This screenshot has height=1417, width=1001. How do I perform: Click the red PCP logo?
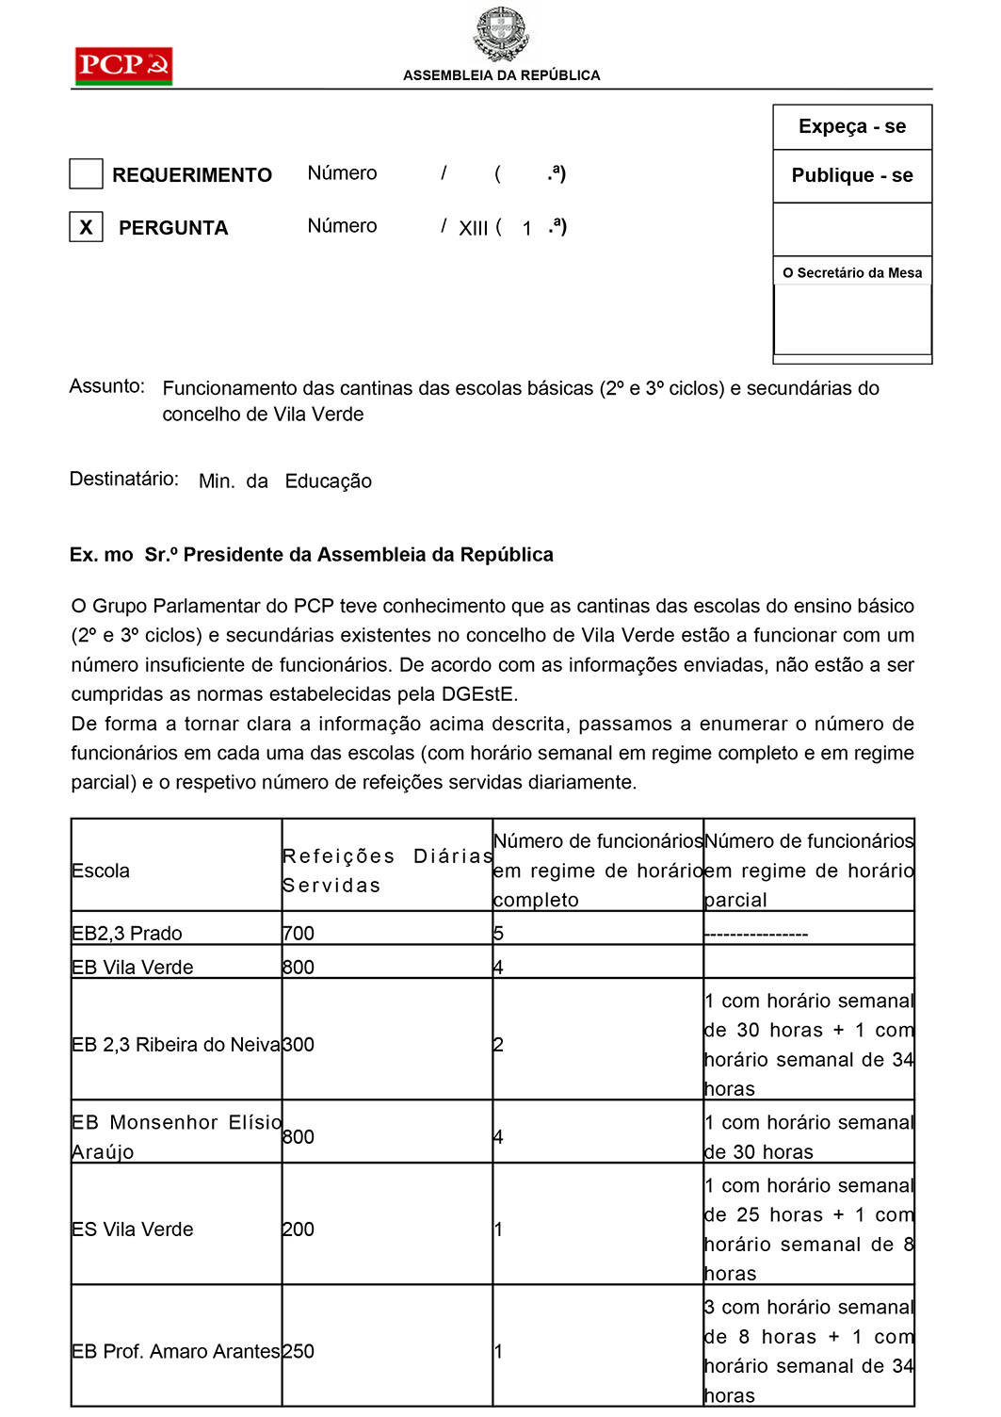[x=123, y=65]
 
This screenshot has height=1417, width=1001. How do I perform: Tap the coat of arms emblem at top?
[x=501, y=33]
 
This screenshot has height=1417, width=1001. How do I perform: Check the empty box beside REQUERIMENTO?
[x=86, y=174]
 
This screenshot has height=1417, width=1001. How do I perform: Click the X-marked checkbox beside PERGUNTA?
[x=86, y=227]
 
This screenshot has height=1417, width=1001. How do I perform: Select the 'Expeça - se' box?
[x=852, y=126]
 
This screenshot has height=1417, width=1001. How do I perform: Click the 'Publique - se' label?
[x=852, y=175]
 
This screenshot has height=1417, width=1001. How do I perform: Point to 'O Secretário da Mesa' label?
[x=852, y=273]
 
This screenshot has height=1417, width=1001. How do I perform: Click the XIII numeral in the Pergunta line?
[x=473, y=228]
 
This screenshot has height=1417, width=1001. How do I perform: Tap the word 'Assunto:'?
[x=107, y=386]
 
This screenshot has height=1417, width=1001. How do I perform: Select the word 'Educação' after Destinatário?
[x=328, y=481]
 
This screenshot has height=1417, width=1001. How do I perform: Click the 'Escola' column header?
[x=101, y=871]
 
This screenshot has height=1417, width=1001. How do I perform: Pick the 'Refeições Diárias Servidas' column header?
[x=386, y=870]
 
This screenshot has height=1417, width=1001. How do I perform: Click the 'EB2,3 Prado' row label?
[x=127, y=933]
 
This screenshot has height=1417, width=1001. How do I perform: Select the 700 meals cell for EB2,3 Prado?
[x=299, y=933]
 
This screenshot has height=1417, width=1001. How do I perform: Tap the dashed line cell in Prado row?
[x=756, y=933]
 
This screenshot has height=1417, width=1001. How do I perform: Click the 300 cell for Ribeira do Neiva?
[x=299, y=1044]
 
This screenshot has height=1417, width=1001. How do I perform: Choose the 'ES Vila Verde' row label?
[x=133, y=1229]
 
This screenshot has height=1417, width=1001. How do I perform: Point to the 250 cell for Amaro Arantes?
[x=299, y=1351]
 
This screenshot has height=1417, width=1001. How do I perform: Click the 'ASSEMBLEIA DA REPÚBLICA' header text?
[x=501, y=75]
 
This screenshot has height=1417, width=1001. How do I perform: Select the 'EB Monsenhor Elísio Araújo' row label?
[x=175, y=1136]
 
